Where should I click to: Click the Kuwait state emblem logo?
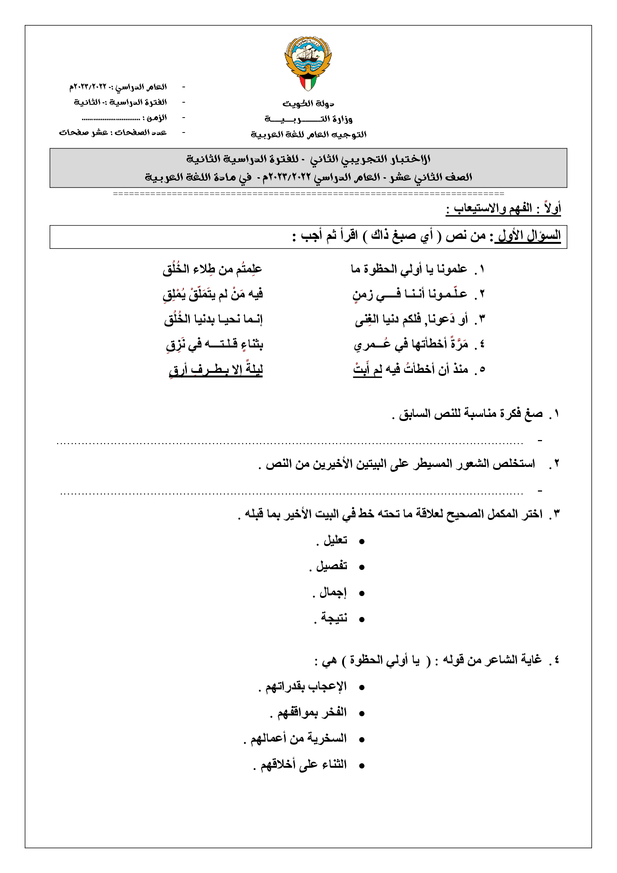click(308, 63)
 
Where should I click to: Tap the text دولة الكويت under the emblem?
click(308, 103)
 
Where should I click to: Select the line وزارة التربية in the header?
click(308, 119)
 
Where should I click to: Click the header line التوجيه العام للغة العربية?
click(308, 134)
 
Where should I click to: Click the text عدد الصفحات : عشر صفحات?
click(113, 133)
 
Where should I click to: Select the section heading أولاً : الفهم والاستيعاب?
click(503, 208)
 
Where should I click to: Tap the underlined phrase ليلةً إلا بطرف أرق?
click(215, 370)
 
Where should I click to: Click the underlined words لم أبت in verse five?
click(367, 370)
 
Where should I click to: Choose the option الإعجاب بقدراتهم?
click(306, 686)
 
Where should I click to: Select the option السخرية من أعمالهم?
click(298, 738)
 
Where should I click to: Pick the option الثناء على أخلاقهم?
click(303, 764)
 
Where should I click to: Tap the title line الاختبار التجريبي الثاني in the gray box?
click(308, 159)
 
